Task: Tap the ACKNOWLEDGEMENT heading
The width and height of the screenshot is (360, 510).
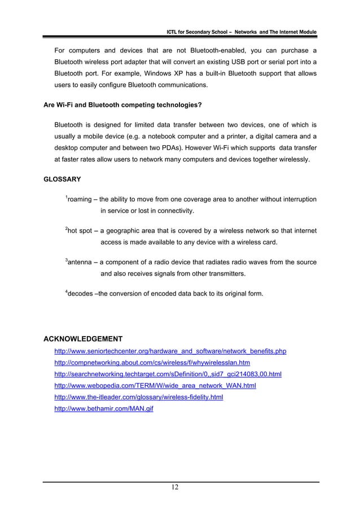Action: coord(83,339)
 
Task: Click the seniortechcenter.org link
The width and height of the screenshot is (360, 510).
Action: coord(169,351)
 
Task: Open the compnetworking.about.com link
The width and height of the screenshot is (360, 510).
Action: coord(152,363)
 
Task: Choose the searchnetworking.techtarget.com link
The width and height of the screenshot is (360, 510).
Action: coord(168,374)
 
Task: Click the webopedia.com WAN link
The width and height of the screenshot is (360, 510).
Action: coord(155,385)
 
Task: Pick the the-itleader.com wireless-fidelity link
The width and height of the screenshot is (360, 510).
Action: coord(138,397)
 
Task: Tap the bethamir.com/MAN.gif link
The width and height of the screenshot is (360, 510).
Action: coord(103,408)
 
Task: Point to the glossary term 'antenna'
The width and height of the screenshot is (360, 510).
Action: coord(81,262)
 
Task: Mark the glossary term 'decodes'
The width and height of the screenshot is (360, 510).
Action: coord(82,294)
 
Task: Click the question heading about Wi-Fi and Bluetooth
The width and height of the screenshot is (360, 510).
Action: coord(124,105)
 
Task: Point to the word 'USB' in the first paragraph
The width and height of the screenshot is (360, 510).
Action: coord(232,62)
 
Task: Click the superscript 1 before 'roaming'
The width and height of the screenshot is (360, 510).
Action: coord(67,197)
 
